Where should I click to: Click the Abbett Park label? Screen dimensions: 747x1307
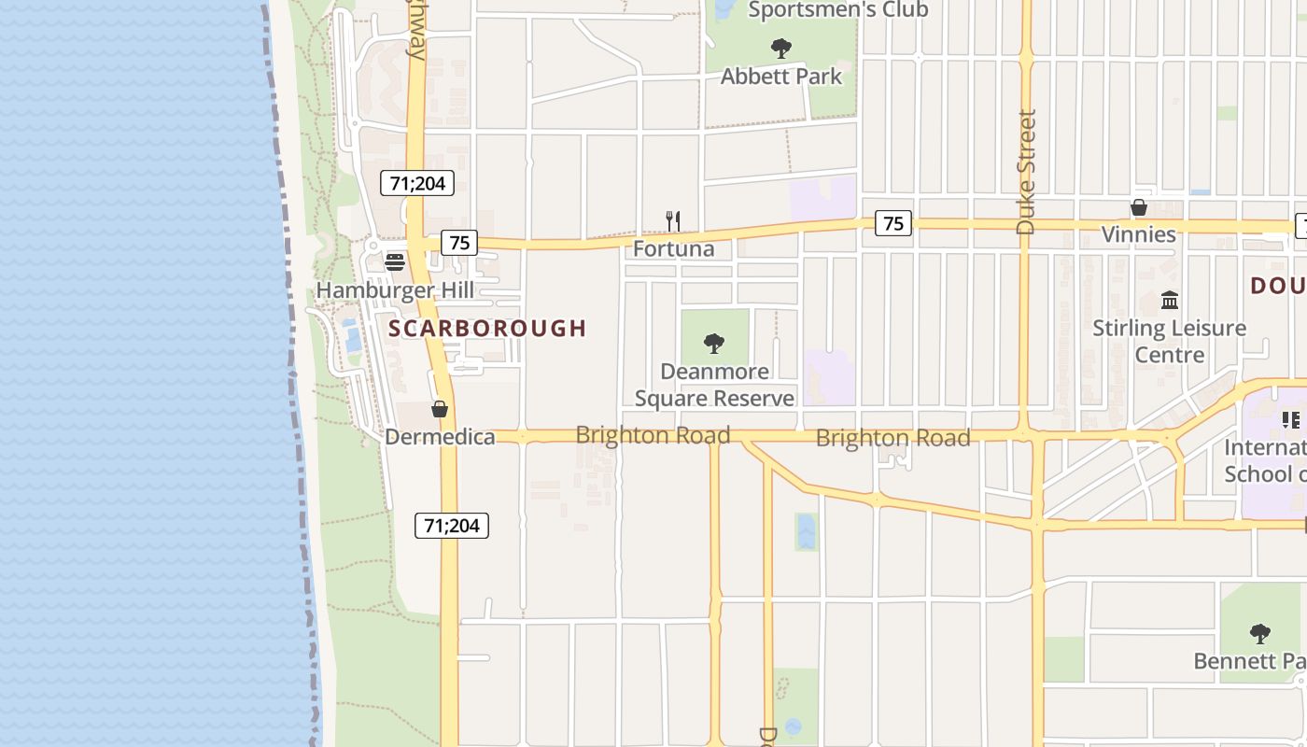click(x=781, y=77)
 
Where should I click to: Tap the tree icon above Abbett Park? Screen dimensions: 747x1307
click(x=781, y=48)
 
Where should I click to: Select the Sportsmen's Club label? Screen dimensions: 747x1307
click(x=838, y=10)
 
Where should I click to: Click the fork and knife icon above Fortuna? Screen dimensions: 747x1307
click(x=672, y=221)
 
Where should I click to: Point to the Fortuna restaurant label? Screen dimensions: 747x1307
click(x=673, y=248)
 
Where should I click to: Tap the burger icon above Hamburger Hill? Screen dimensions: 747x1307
click(x=395, y=261)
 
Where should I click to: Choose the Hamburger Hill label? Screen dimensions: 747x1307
click(x=395, y=290)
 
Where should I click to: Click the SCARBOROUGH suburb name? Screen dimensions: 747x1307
click(x=487, y=328)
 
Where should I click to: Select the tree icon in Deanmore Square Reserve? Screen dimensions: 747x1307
click(x=714, y=344)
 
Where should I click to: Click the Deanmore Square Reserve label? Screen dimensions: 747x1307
click(x=714, y=385)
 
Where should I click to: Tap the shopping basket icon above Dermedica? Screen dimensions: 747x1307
click(x=440, y=409)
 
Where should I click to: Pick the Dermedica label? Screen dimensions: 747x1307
click(x=440, y=436)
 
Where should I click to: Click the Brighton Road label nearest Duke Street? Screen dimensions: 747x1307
click(x=892, y=437)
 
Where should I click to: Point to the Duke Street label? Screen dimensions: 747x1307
click(x=1026, y=172)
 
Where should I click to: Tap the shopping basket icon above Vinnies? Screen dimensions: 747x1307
click(x=1139, y=207)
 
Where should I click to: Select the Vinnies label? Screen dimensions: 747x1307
click(x=1139, y=234)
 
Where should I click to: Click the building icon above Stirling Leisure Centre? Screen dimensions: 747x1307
click(x=1170, y=300)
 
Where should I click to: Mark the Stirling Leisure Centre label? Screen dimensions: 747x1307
click(x=1170, y=341)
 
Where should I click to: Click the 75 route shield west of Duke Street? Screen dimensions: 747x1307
click(x=893, y=223)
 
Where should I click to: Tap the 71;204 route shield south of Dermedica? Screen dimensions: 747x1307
click(x=452, y=526)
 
